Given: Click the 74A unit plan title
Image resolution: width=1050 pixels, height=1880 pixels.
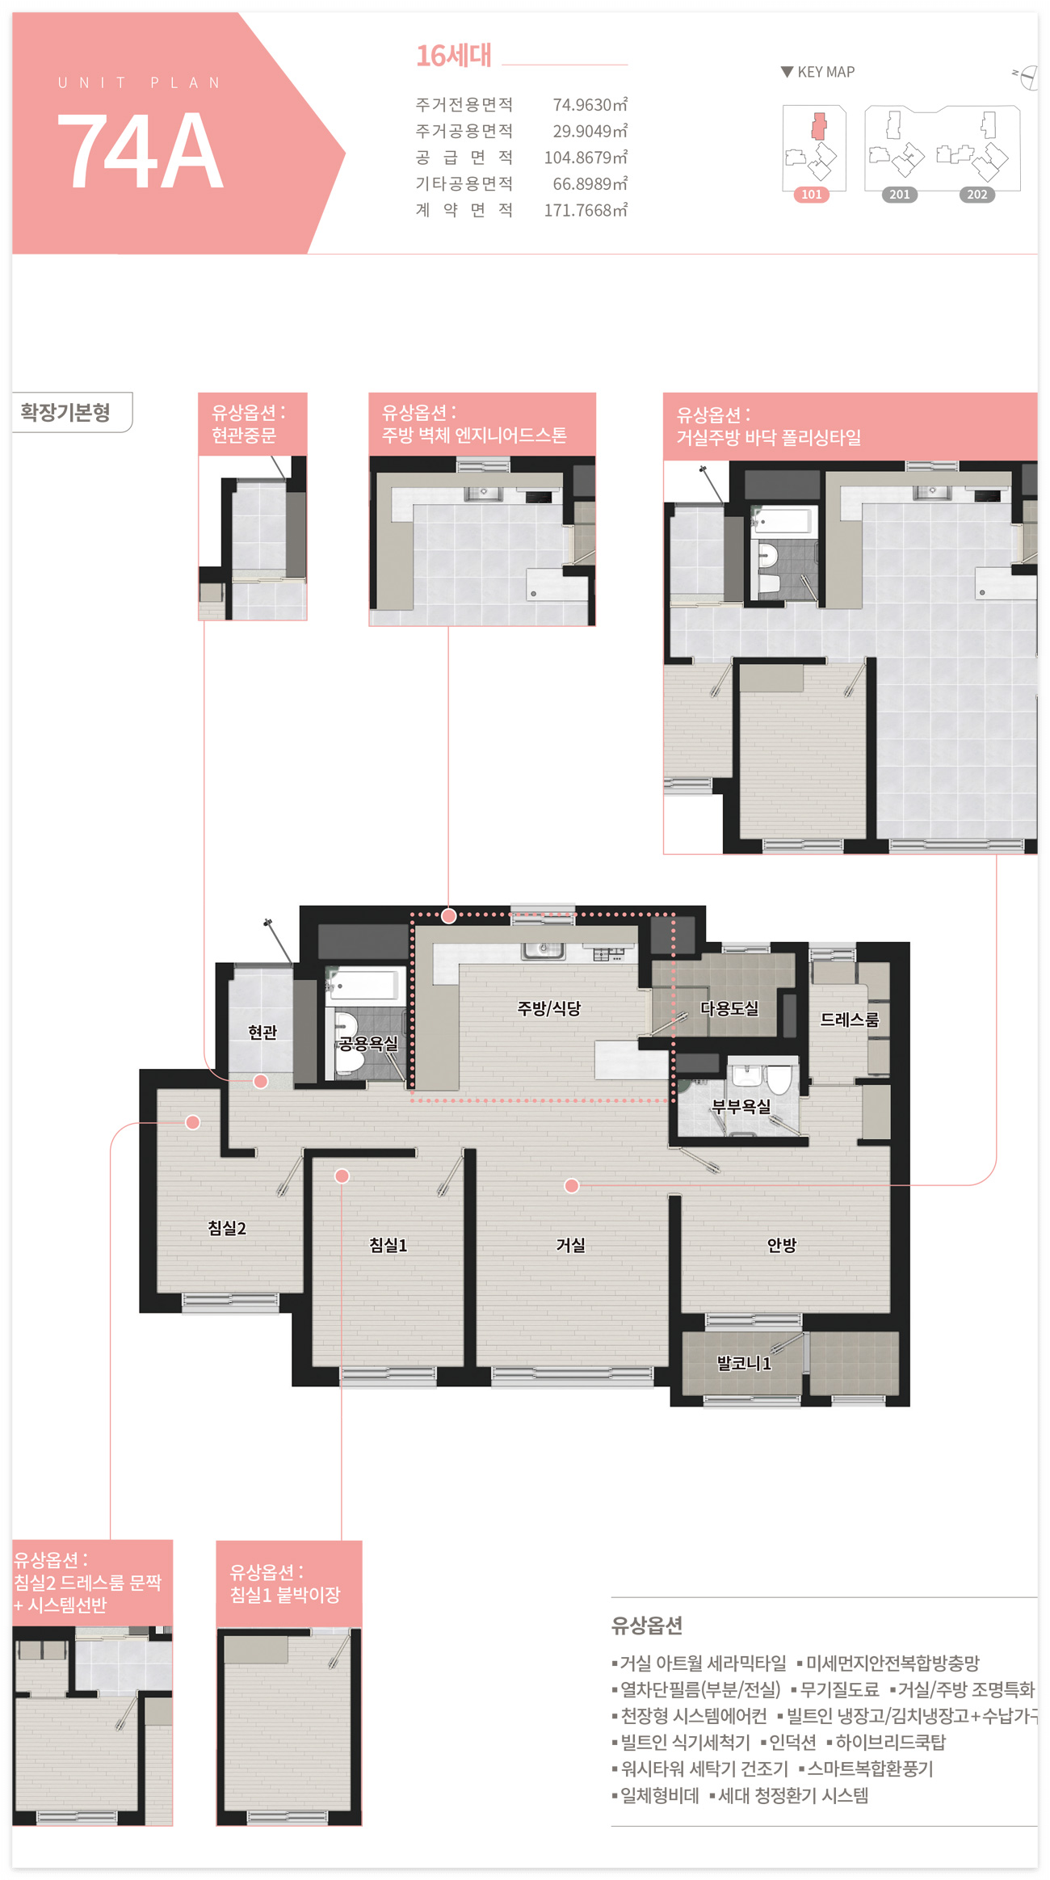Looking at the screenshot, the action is click(x=141, y=150).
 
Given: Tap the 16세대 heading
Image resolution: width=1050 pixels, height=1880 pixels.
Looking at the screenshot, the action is click(x=454, y=56).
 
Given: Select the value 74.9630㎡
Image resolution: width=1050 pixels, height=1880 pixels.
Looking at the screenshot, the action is click(x=590, y=105).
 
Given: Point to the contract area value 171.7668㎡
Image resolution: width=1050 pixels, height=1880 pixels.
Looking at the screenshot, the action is click(x=586, y=210).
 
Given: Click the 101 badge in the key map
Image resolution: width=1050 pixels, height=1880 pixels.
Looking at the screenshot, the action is click(x=812, y=195).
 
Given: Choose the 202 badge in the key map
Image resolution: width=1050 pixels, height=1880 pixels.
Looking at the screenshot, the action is click(x=977, y=195).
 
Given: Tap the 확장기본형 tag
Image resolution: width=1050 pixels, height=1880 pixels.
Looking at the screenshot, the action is click(x=66, y=413).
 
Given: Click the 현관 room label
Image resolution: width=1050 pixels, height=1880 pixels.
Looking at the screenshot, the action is click(x=262, y=1033).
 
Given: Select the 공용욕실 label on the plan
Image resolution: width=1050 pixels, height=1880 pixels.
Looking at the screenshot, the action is click(x=368, y=1044).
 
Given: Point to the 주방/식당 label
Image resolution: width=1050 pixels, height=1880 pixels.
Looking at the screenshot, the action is click(x=549, y=1008).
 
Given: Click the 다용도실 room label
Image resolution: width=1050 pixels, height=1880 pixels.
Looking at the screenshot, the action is click(x=729, y=1008).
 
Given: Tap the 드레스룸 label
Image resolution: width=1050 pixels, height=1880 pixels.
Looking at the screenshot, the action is click(x=849, y=1020).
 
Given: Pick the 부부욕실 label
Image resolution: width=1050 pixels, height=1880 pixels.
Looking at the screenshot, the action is click(x=741, y=1107).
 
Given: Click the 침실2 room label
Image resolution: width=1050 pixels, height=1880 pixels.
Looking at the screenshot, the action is click(x=227, y=1228).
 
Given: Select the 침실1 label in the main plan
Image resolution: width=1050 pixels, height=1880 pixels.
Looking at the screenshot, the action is click(x=388, y=1245).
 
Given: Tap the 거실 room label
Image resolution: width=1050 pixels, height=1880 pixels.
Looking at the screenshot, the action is click(x=570, y=1245).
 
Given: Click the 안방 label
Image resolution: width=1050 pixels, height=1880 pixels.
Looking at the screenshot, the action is click(x=782, y=1245).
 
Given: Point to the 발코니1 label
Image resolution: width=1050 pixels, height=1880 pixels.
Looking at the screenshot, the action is click(x=744, y=1364).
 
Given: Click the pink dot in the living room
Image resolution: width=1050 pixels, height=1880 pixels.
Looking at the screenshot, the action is click(x=572, y=1186).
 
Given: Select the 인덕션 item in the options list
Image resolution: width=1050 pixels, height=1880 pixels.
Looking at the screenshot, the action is click(x=792, y=1742).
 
